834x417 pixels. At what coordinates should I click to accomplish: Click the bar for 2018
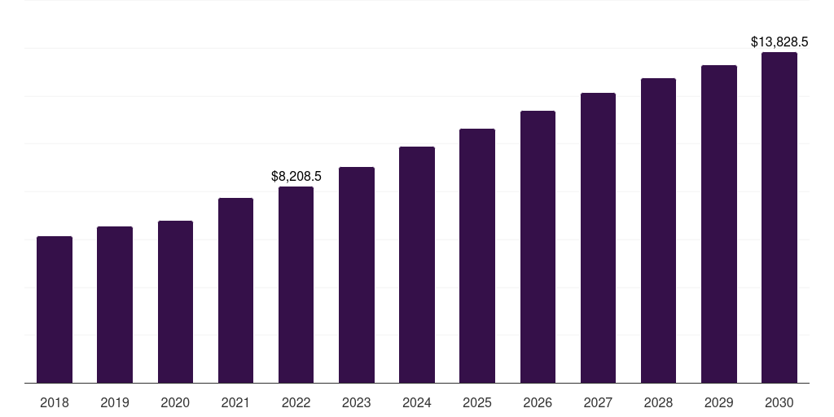(x=55, y=309)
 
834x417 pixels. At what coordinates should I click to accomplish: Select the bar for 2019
(x=115, y=305)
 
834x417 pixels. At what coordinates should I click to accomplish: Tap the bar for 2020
(x=175, y=301)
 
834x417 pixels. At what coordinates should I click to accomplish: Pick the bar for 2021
(x=235, y=290)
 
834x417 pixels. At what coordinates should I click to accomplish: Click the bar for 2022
(x=296, y=284)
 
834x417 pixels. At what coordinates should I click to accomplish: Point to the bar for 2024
(x=417, y=265)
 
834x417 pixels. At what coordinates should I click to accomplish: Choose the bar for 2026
(x=538, y=247)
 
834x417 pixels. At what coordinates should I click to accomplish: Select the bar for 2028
(x=658, y=230)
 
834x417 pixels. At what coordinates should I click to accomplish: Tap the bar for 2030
(x=779, y=217)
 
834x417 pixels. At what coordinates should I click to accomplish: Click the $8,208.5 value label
(x=296, y=176)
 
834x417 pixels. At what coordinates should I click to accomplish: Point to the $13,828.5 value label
(x=779, y=42)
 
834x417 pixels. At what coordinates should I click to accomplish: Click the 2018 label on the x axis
(x=55, y=402)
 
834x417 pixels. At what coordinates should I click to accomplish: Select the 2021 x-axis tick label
(x=235, y=402)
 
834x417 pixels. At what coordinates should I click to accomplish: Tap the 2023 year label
(x=357, y=402)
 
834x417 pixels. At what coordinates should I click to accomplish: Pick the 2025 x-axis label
(x=477, y=402)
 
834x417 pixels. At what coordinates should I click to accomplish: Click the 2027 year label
(x=598, y=402)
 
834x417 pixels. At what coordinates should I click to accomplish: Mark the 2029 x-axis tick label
(x=719, y=402)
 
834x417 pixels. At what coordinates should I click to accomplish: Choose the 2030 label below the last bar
(x=779, y=402)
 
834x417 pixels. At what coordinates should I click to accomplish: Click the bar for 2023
(x=357, y=274)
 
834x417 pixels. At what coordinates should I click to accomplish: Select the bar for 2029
(x=719, y=224)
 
